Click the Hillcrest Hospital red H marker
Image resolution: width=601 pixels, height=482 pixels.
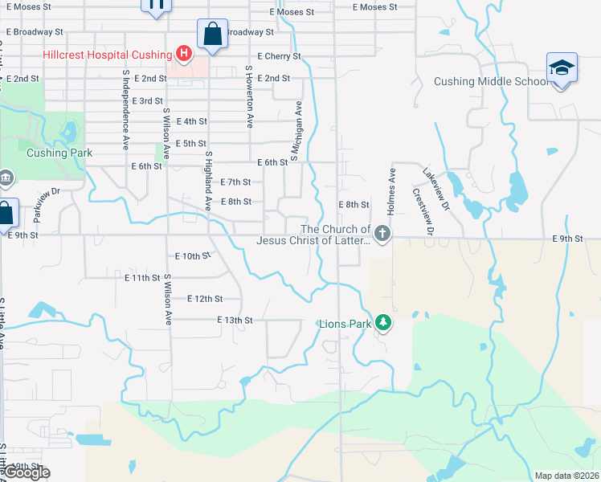[184, 55]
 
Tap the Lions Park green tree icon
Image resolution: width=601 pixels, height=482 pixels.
[384, 323]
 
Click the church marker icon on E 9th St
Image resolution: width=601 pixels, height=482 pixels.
[382, 235]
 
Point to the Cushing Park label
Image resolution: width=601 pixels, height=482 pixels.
[59, 153]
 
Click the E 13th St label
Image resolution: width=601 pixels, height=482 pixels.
[235, 320]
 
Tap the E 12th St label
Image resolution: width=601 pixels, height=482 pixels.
[204, 299]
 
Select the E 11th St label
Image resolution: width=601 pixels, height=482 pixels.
[142, 277]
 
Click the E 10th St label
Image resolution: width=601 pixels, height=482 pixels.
[193, 256]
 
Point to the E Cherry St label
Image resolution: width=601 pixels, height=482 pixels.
[279, 56]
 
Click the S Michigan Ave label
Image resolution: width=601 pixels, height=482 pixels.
[296, 131]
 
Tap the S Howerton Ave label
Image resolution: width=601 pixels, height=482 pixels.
[250, 97]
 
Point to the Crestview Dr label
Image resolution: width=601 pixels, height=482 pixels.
[423, 213]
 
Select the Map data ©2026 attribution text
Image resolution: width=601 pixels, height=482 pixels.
[566, 476]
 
